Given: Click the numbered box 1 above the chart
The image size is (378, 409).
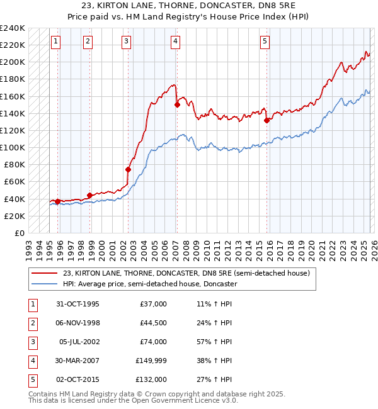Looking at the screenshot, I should click(56, 42).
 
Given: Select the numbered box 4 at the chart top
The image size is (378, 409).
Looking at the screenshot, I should click(175, 42).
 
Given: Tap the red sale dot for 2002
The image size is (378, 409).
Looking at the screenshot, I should click(128, 169).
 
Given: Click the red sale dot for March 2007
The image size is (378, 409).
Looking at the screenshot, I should click(178, 105).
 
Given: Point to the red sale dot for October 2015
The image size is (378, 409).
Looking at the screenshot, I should click(266, 120).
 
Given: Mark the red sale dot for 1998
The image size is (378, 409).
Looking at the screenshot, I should click(89, 195).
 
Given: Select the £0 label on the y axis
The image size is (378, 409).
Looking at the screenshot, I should click(20, 233).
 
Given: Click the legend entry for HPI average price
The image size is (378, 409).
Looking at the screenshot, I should click(149, 284).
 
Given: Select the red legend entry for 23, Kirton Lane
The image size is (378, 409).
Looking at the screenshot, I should click(186, 273).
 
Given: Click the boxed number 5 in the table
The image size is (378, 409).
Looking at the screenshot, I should click(31, 379).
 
